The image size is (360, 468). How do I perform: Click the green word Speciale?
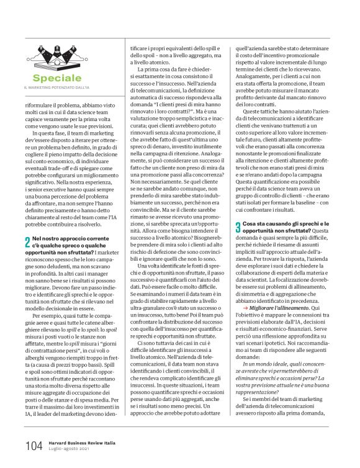click(x=57, y=78)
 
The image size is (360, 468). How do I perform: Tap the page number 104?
click(x=34, y=446)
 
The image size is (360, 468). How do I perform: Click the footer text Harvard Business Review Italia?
click(x=86, y=443)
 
